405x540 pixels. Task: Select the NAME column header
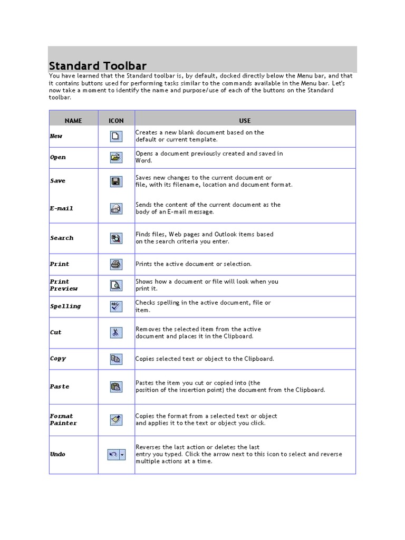(x=73, y=121)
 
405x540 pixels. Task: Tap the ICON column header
(x=116, y=121)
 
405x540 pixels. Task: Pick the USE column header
(x=245, y=121)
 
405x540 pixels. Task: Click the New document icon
(x=116, y=137)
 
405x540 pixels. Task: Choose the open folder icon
(x=116, y=157)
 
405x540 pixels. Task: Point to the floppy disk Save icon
(x=116, y=181)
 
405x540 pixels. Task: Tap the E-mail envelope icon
(x=116, y=208)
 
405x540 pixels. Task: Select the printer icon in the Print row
(x=116, y=264)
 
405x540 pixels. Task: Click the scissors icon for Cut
(x=116, y=333)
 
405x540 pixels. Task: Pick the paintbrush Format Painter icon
(x=116, y=420)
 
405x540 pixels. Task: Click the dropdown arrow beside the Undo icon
(x=122, y=454)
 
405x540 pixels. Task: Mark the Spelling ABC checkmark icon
(x=116, y=306)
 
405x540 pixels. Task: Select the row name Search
(x=62, y=238)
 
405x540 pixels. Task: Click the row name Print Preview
(x=64, y=285)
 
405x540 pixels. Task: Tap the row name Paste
(x=60, y=387)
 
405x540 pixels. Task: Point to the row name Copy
(x=58, y=359)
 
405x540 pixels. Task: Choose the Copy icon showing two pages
(x=116, y=359)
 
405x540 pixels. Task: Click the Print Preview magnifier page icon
(x=116, y=285)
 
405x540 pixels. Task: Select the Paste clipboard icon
(x=116, y=387)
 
